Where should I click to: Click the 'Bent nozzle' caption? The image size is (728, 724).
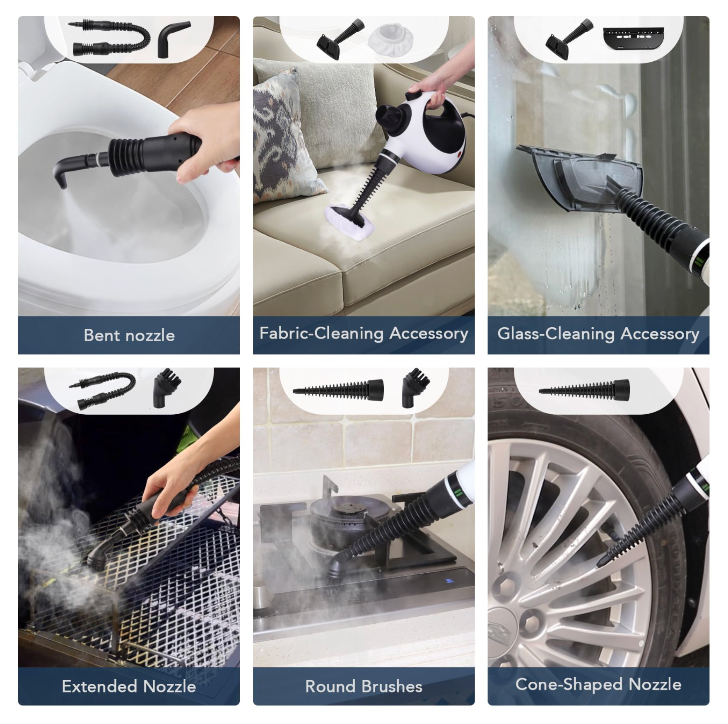[x=129, y=335]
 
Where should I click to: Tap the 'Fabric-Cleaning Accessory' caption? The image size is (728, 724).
[x=364, y=333]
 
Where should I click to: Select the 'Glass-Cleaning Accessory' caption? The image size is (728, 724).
[x=598, y=334]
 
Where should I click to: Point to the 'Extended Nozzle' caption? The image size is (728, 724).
[x=129, y=686]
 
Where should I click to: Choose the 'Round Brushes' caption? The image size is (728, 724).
[x=364, y=686]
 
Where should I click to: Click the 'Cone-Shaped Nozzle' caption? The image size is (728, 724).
[x=598, y=684]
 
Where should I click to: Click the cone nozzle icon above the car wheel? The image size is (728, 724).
[x=584, y=390]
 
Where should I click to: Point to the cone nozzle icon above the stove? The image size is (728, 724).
[x=338, y=390]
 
